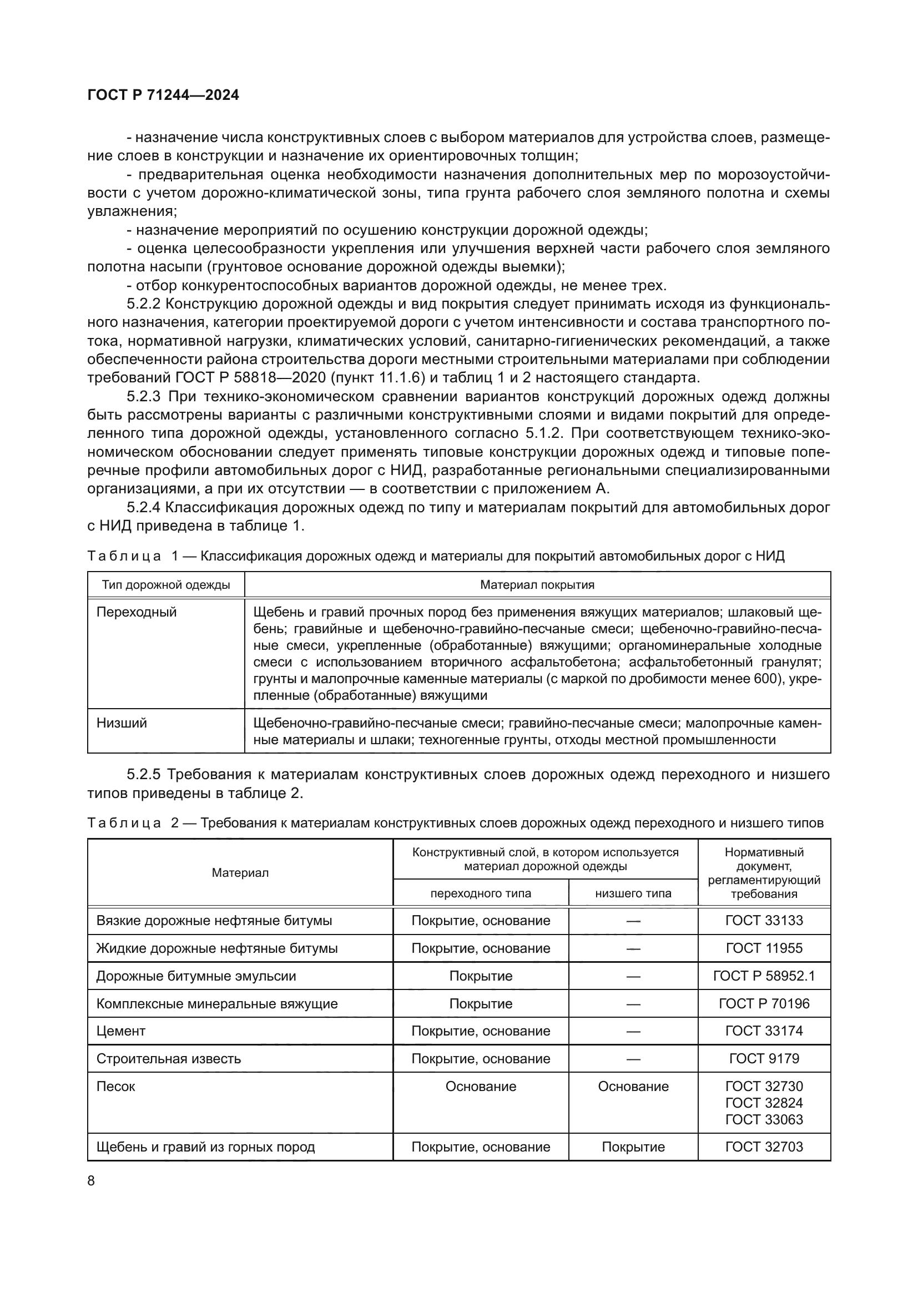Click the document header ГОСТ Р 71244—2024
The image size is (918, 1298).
163,95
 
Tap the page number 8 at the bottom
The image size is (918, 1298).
92,1180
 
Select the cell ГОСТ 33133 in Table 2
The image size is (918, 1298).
764,920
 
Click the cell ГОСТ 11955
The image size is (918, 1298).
764,948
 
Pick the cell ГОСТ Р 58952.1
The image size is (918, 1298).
764,976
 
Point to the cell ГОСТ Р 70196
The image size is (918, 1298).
764,1003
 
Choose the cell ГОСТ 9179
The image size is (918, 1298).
764,1058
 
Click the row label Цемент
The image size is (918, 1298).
121,1031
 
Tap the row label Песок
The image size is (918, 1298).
116,1086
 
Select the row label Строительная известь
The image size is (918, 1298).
169,1058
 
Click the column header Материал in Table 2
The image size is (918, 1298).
240,873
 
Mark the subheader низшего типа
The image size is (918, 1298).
633,893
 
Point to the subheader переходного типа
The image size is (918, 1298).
481,893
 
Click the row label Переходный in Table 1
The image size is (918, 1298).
136,612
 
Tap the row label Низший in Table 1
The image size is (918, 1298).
122,723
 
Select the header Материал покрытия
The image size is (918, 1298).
537,584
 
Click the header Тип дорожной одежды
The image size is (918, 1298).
165,584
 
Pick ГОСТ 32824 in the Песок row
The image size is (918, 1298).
764,1103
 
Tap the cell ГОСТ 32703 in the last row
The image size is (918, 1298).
764,1147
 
